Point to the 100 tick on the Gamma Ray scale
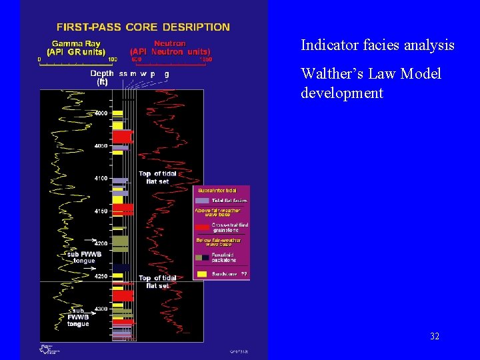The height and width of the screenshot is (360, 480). (x=112, y=59)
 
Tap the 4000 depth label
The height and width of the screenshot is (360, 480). (x=100, y=113)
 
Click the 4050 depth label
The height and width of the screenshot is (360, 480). (x=100, y=145)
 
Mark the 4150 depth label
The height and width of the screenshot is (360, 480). (x=100, y=211)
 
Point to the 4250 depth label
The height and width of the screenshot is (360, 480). (x=100, y=276)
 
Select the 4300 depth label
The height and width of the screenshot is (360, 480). (x=100, y=309)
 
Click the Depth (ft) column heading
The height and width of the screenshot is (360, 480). (x=102, y=77)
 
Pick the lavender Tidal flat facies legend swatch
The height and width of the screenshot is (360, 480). (x=202, y=200)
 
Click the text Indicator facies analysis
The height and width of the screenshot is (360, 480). (x=377, y=45)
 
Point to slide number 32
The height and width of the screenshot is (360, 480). (x=435, y=336)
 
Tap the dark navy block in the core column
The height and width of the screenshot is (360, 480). (x=121, y=267)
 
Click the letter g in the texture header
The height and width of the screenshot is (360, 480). (x=166, y=73)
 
